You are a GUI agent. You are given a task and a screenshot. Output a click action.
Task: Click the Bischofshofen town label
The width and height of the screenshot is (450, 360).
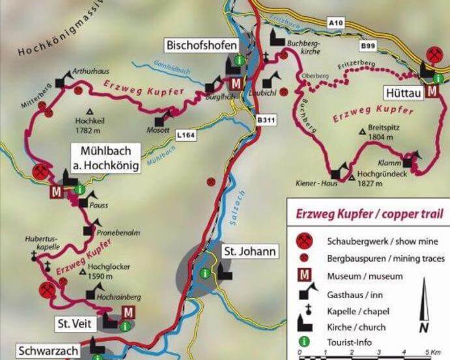pyautogui.click(x=202, y=45)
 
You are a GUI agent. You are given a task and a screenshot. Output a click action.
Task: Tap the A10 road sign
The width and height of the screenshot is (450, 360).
pyautogui.click(x=336, y=23)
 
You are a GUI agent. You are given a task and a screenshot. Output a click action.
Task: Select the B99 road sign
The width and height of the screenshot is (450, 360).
pyautogui.click(x=368, y=46)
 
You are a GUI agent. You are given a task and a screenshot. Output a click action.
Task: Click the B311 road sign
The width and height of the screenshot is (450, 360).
pyautogui.click(x=266, y=121)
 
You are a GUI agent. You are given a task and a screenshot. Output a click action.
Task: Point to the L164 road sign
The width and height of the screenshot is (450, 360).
pyautogui.click(x=186, y=135)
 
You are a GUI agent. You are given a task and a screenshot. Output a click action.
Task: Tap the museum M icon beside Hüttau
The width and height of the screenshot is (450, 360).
pyautogui.click(x=432, y=92)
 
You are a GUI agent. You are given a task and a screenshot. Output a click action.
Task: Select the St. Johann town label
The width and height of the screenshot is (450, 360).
pyautogui.click(x=250, y=251)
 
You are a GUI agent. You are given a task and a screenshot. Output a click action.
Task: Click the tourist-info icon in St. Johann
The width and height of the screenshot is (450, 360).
pyautogui.click(x=205, y=274)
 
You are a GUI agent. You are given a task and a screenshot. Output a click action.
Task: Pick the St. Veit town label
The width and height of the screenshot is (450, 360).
pyautogui.click(x=75, y=324)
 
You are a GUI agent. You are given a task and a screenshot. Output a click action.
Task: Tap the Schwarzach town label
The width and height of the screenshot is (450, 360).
pyautogui.click(x=48, y=351)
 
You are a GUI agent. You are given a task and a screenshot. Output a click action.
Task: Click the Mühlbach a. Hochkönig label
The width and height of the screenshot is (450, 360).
pyautogui.click(x=106, y=158)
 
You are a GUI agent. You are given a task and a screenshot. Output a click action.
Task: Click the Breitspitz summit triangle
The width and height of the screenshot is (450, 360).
pyautogui.click(x=362, y=131)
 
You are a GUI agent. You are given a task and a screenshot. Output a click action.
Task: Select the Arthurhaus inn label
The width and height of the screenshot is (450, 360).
pyautogui.click(x=91, y=71)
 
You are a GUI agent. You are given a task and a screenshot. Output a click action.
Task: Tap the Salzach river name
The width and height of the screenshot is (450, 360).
pyautogui.click(x=238, y=208)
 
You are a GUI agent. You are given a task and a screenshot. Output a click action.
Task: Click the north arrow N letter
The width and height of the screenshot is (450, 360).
pyautogui.click(x=424, y=328)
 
